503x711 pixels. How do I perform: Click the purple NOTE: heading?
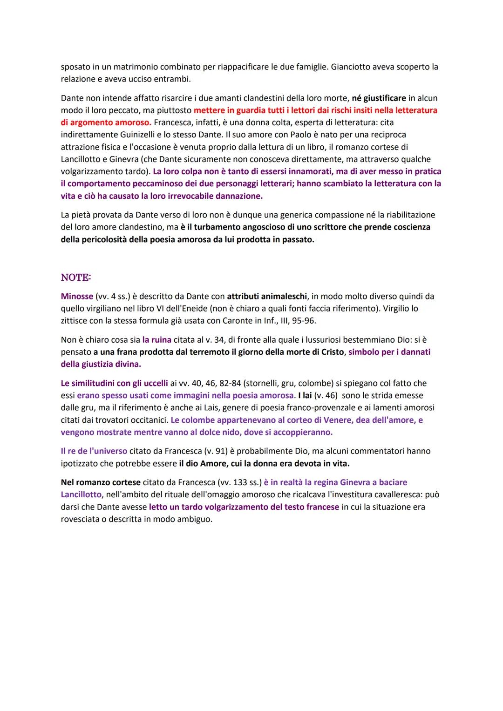76,278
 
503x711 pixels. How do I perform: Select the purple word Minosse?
77,296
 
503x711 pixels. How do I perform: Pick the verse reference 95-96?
305,320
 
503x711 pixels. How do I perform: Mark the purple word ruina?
157,340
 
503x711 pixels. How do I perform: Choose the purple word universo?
109,451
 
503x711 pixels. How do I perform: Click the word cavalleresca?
398,494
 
